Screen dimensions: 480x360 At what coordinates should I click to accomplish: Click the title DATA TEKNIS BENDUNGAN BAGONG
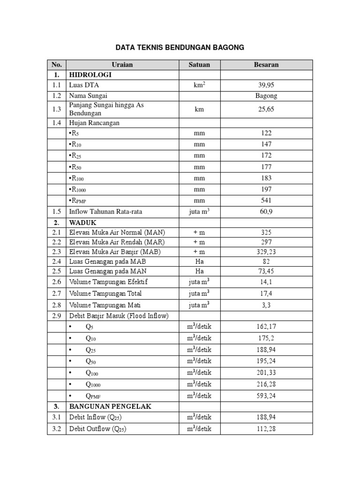180,47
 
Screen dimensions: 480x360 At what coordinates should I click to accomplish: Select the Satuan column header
200,65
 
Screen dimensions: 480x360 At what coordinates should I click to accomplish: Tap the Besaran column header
266,65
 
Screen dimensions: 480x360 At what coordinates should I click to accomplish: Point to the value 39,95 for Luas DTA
266,85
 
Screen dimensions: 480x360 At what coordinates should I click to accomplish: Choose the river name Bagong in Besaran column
266,96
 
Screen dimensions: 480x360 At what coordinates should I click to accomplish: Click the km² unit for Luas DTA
200,85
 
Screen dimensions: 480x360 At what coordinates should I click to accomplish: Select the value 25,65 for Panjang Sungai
266,109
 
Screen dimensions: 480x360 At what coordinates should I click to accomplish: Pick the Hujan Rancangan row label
94,123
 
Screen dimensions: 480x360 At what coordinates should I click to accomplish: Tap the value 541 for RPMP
266,201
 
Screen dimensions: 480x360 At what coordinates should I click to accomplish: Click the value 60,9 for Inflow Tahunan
266,212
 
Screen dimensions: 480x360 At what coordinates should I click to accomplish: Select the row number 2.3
57,252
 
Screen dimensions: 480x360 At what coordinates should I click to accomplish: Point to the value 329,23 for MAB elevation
266,252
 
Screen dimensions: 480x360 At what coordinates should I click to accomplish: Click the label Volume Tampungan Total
105,294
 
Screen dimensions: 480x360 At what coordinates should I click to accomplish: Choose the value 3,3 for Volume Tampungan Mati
266,305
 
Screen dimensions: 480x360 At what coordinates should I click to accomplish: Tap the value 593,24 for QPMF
266,396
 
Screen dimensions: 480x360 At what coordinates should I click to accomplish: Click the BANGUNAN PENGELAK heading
110,406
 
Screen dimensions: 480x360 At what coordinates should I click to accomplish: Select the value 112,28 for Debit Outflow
266,429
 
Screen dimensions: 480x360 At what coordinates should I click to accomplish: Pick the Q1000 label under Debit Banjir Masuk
93,384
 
